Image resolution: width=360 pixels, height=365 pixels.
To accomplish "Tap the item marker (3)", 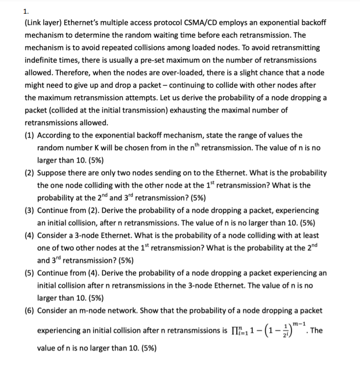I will tap(29, 210).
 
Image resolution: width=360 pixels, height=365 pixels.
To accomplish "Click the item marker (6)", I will tap(29, 310).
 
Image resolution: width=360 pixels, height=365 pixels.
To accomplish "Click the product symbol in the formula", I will tap(241, 331).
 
